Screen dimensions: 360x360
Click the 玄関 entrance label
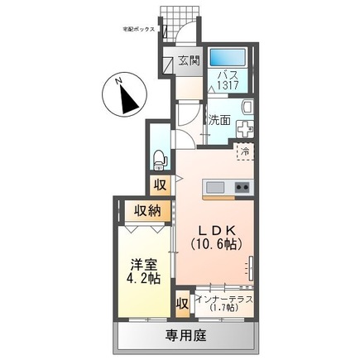click(x=190, y=60)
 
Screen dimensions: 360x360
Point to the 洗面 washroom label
click(x=219, y=118)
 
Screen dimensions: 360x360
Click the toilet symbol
click(x=161, y=156)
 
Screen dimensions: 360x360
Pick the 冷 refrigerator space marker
click(x=244, y=151)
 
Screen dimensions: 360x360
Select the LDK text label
click(x=216, y=229)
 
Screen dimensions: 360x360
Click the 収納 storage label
click(x=148, y=210)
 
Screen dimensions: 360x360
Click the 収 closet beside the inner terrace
click(x=182, y=303)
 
